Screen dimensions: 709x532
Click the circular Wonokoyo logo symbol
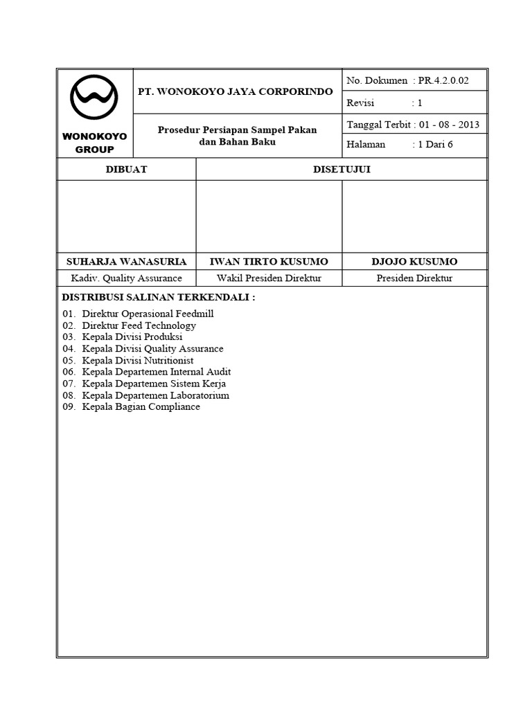tap(94, 100)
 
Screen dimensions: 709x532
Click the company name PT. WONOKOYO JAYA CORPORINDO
tap(236, 91)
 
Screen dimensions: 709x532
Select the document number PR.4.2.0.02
tap(443, 80)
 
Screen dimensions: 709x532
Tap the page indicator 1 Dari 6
tap(434, 145)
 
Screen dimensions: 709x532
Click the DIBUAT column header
tap(126, 170)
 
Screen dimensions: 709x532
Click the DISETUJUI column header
tap(342, 170)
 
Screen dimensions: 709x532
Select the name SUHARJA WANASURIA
tap(126, 262)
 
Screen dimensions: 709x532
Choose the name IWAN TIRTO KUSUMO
tap(269, 262)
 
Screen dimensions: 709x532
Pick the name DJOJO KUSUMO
tap(414, 262)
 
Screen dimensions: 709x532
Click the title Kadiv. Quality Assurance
tap(126, 278)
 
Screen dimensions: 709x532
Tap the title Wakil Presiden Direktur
tap(269, 278)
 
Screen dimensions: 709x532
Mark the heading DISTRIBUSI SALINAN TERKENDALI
tap(159, 297)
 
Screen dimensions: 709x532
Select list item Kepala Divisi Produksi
tap(132, 337)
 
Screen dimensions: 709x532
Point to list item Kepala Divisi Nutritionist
tap(137, 361)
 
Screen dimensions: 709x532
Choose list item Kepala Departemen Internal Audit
tap(156, 372)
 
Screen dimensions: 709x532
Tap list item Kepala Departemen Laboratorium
tap(155, 395)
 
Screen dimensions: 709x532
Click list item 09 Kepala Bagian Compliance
tap(141, 407)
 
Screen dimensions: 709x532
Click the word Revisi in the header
tap(360, 102)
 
